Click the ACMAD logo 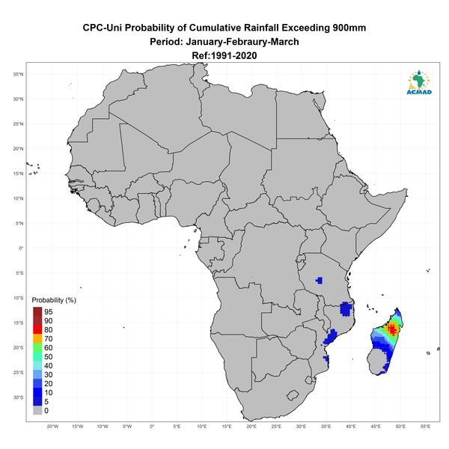tap(419, 82)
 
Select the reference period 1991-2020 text tap(234, 55)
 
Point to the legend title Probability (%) tap(54, 300)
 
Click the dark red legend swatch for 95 tap(37, 311)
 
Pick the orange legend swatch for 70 tap(37, 338)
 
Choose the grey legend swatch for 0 tap(37, 410)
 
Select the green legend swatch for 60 tap(37, 348)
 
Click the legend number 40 tap(49, 366)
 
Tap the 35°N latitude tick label tap(18, 74)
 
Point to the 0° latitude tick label tap(21, 248)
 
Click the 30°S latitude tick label tap(18, 397)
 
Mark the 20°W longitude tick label tap(52, 427)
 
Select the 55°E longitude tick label tap(425, 427)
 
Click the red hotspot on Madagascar tap(392, 329)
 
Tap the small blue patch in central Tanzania tap(319, 280)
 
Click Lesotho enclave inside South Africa tap(293, 395)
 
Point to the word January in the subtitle tap(204, 42)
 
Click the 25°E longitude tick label tap(276, 427)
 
